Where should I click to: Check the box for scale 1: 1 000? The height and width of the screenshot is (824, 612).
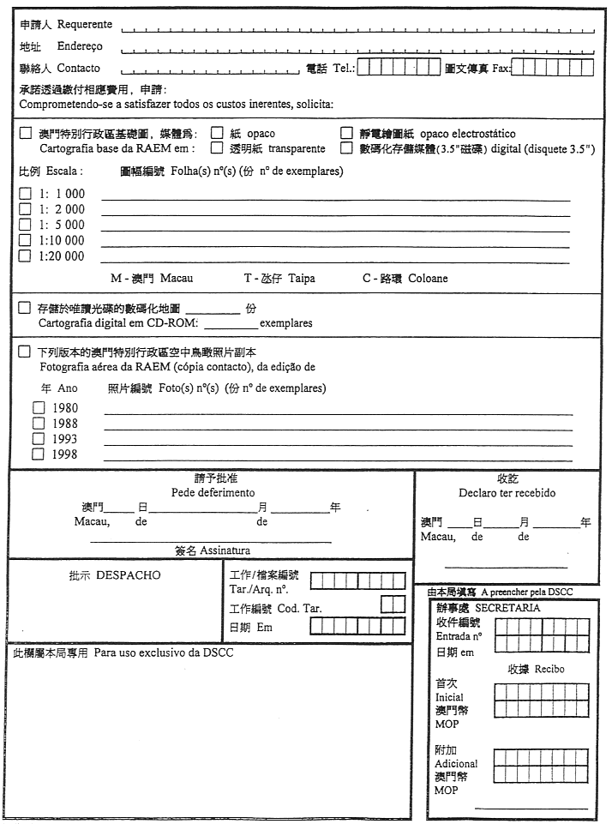pyautogui.click(x=25, y=194)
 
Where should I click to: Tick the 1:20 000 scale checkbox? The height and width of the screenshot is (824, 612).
pyautogui.click(x=25, y=256)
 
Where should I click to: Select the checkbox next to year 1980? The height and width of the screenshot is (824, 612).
pyautogui.click(x=38, y=408)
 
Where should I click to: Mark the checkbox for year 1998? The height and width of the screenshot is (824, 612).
pyautogui.click(x=38, y=454)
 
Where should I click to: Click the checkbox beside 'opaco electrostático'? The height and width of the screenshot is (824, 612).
pyautogui.click(x=346, y=133)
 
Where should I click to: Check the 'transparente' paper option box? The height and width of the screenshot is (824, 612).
pyautogui.click(x=217, y=147)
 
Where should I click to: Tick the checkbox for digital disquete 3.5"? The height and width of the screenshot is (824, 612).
pyautogui.click(x=346, y=147)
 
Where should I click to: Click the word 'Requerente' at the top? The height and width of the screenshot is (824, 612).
pyautogui.click(x=85, y=25)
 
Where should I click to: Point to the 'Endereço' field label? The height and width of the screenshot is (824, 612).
pyautogui.click(x=80, y=46)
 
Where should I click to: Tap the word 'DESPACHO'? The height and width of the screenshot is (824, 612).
pyautogui.click(x=128, y=574)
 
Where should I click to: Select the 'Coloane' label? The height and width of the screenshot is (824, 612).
pyautogui.click(x=428, y=279)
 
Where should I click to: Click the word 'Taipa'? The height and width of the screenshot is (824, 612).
pyautogui.click(x=303, y=279)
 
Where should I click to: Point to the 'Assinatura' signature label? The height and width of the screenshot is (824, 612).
pyautogui.click(x=225, y=550)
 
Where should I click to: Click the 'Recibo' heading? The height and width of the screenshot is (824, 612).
pyautogui.click(x=548, y=669)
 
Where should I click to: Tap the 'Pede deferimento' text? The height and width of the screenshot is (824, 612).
pyautogui.click(x=213, y=493)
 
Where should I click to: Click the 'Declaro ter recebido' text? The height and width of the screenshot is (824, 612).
pyautogui.click(x=507, y=493)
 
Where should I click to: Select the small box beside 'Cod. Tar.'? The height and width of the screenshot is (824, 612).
pyautogui.click(x=392, y=604)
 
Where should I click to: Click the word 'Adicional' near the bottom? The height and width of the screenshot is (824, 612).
pyautogui.click(x=456, y=763)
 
